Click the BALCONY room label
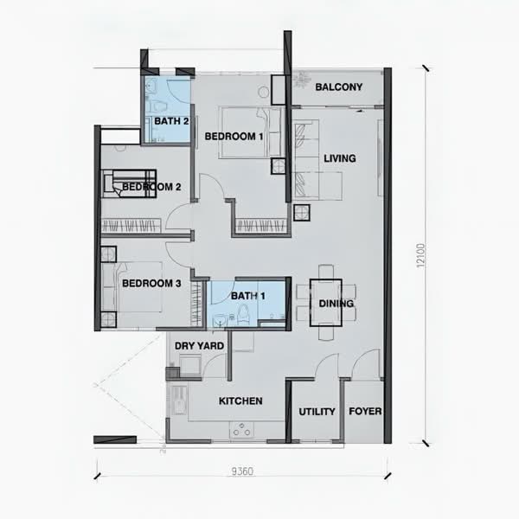pyautogui.click(x=338, y=87)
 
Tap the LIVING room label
pyautogui.click(x=339, y=158)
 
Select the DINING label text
pyautogui.click(x=336, y=304)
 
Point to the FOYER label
pyautogui.click(x=365, y=412)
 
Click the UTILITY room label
pyautogui.click(x=317, y=412)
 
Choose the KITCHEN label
pyautogui.click(x=240, y=401)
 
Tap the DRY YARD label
pyautogui.click(x=200, y=346)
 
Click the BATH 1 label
pyautogui.click(x=247, y=297)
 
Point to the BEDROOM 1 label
pyautogui.click(x=234, y=137)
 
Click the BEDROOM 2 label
pyautogui.click(x=151, y=186)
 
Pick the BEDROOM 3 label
pyautogui.click(x=151, y=283)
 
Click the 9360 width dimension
pyautogui.click(x=242, y=472)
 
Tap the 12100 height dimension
pyautogui.click(x=420, y=256)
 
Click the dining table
pyautogui.click(x=326, y=294)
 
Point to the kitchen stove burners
pyautogui.click(x=243, y=430)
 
